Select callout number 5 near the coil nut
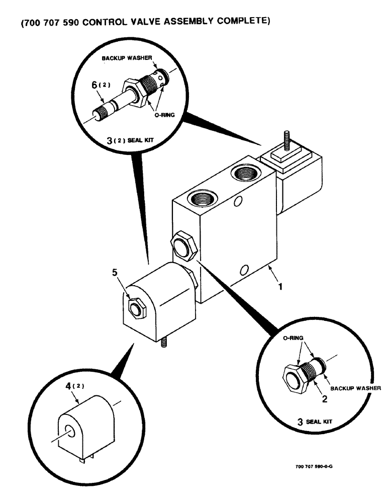115,275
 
